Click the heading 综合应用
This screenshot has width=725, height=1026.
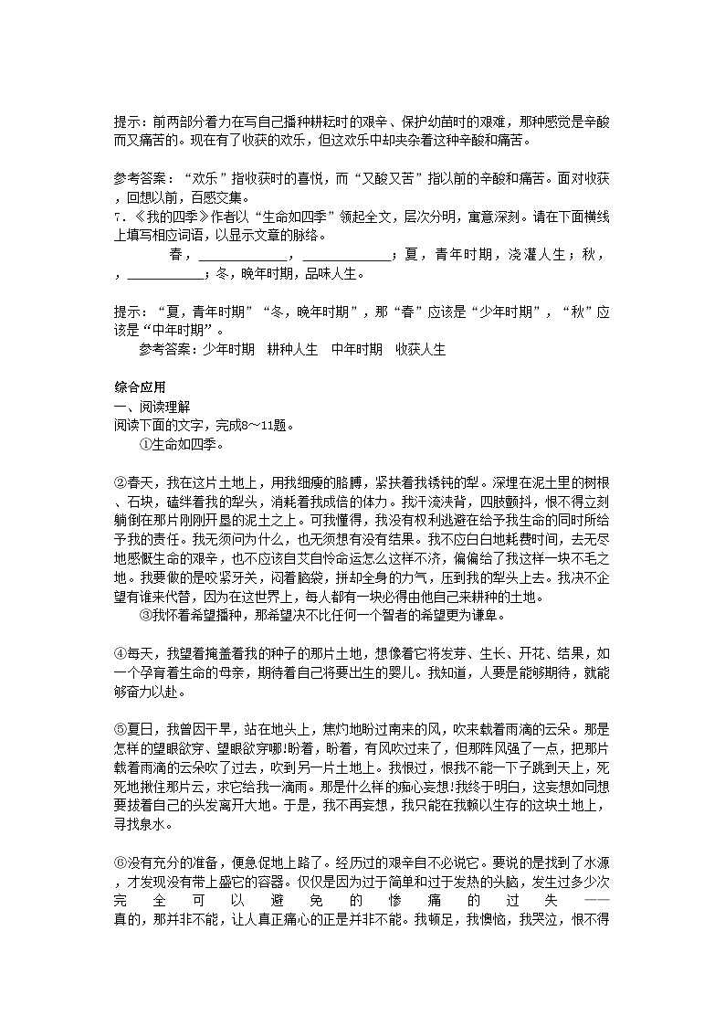coord(133,387)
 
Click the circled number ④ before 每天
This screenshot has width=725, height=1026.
coord(119,651)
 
